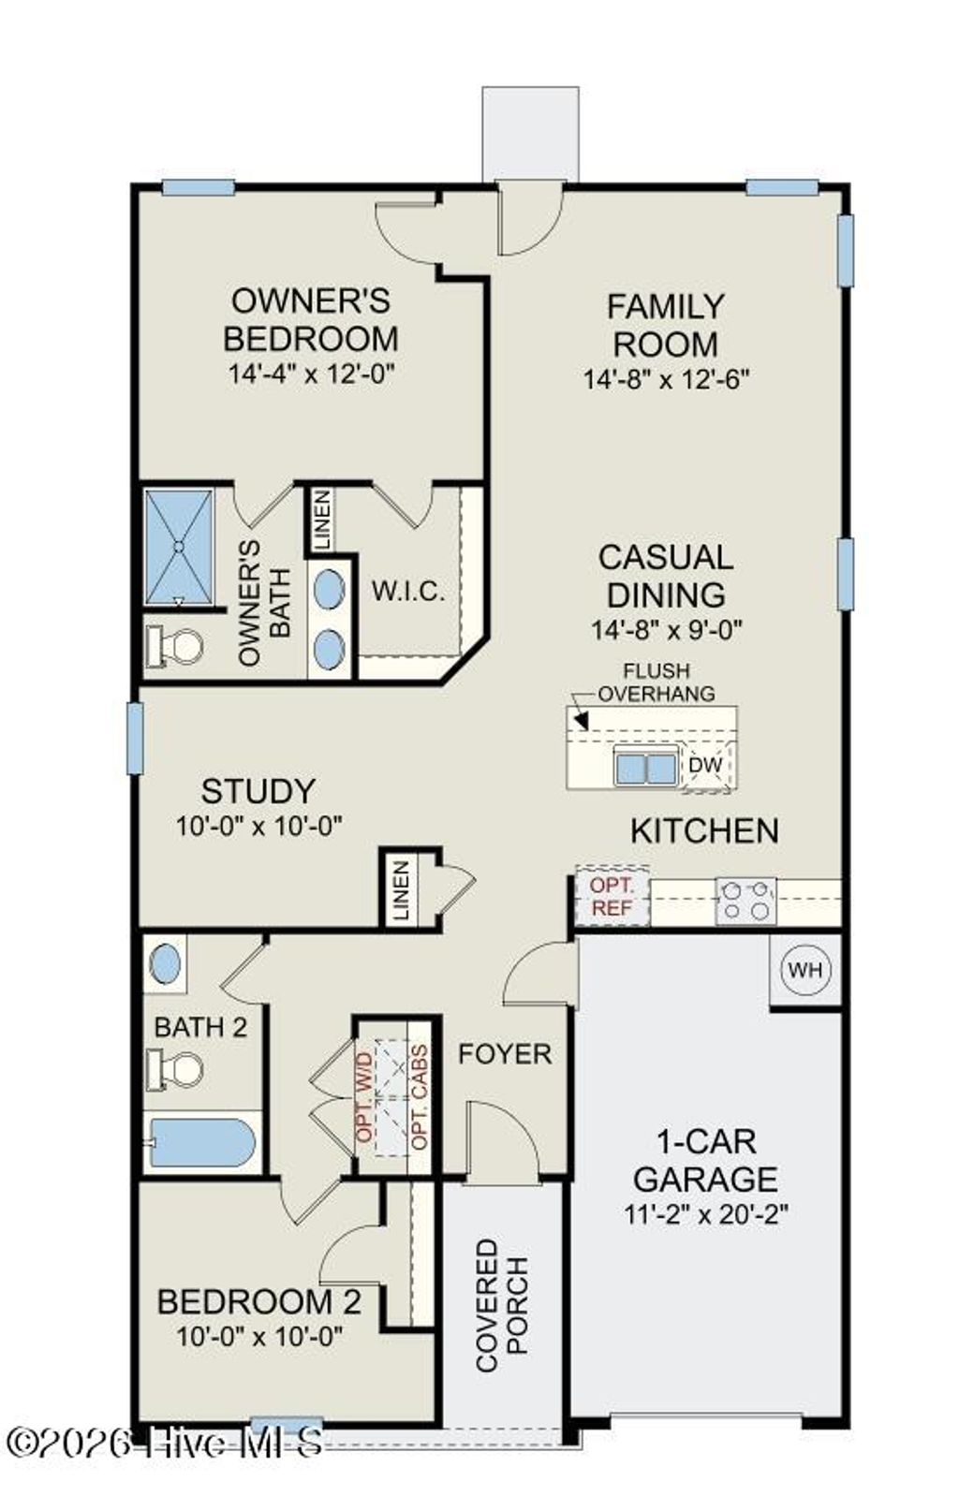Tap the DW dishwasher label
(x=705, y=765)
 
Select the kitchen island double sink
(x=645, y=768)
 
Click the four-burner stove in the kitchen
(x=745, y=900)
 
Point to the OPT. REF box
(x=612, y=896)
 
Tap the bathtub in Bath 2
(x=202, y=1142)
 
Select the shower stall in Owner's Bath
(x=178, y=548)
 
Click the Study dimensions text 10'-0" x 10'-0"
(x=258, y=826)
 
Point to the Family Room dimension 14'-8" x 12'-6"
(x=666, y=379)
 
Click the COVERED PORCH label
(x=502, y=1305)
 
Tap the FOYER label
(x=504, y=1054)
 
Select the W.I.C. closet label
(x=407, y=592)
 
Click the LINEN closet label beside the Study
(x=401, y=889)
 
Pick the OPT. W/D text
(x=365, y=1095)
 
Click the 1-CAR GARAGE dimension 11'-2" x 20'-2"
(x=705, y=1214)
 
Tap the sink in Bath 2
(x=165, y=964)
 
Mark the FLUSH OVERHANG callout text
(x=656, y=682)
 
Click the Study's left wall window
(x=135, y=739)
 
